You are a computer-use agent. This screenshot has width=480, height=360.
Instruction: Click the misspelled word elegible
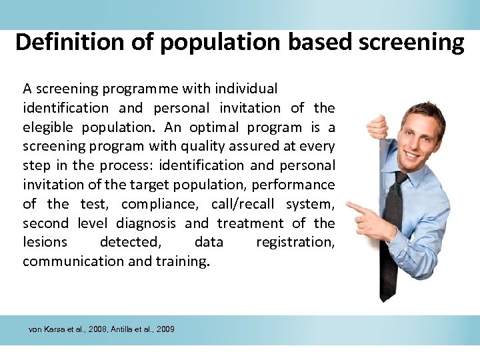tap(49, 127)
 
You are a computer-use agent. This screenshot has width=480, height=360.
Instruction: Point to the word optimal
tap(215, 127)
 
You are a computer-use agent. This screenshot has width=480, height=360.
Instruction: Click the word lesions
tap(45, 242)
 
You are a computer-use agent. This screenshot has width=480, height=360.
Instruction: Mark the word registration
tap(295, 242)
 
